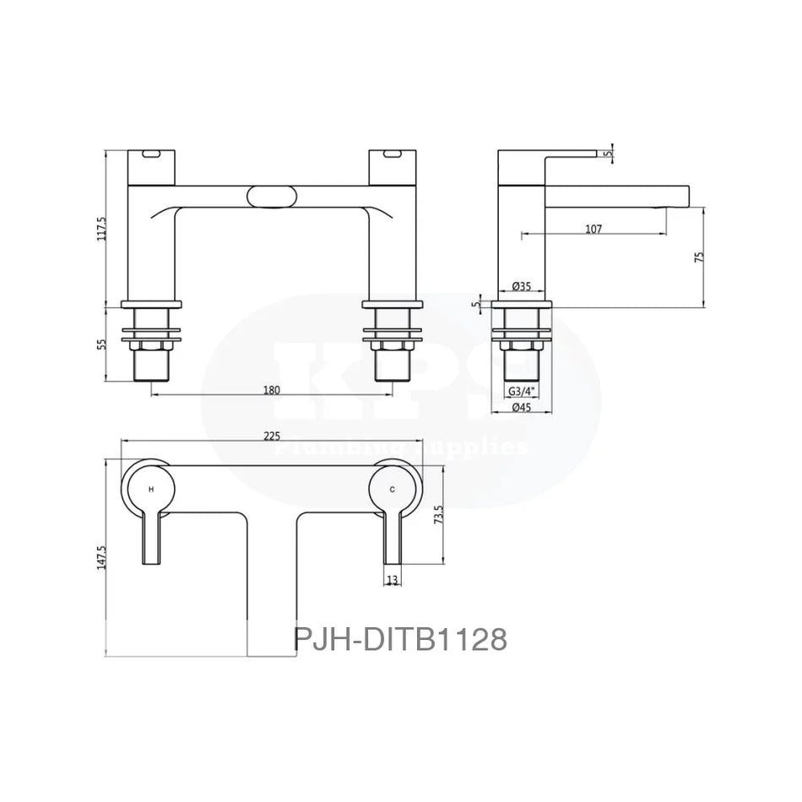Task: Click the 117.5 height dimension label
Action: pyautogui.click(x=102, y=228)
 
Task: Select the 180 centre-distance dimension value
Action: pyautogui.click(x=272, y=389)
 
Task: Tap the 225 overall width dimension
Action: pyautogui.click(x=272, y=436)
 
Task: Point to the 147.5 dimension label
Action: pyautogui.click(x=102, y=558)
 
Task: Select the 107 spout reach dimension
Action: pyautogui.click(x=593, y=229)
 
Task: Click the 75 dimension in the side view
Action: pyautogui.click(x=698, y=257)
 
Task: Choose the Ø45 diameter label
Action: pyautogui.click(x=521, y=408)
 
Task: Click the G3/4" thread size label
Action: pyautogui.click(x=521, y=391)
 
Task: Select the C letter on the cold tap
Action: pyautogui.click(x=392, y=490)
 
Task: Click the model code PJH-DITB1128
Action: pyautogui.click(x=400, y=639)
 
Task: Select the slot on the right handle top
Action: pyautogui.click(x=392, y=154)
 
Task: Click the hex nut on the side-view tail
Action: pyautogui.click(x=522, y=344)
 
